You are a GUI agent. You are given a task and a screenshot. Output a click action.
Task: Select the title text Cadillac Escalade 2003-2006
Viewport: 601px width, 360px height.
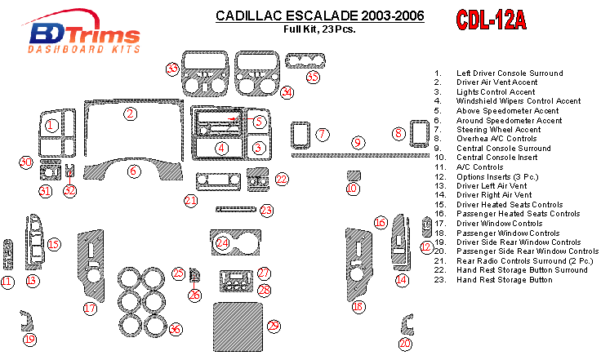click(318, 16)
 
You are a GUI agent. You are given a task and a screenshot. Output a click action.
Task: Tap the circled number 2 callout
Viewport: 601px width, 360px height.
click(130, 113)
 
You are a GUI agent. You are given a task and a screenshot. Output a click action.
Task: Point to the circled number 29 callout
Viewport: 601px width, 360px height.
click(274, 327)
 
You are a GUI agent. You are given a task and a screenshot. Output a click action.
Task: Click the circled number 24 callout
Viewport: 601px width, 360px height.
click(222, 243)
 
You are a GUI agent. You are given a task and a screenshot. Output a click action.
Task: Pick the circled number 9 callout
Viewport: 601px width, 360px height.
click(357, 144)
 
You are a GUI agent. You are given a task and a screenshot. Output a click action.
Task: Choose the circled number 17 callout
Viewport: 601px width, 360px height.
click(90, 308)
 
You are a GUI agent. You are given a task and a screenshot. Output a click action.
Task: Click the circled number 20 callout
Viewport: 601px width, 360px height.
click(405, 344)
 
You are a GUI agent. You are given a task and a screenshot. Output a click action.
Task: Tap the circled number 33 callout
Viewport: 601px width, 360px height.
click(172, 69)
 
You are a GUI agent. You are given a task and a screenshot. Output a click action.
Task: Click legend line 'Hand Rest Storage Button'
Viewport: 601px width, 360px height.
click(504, 280)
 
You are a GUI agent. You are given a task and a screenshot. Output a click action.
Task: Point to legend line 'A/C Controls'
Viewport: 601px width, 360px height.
click(480, 167)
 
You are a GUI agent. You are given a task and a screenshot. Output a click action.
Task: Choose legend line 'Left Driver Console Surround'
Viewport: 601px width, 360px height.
click(509, 73)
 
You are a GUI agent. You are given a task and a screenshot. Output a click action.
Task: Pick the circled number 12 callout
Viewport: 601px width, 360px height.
click(425, 247)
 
